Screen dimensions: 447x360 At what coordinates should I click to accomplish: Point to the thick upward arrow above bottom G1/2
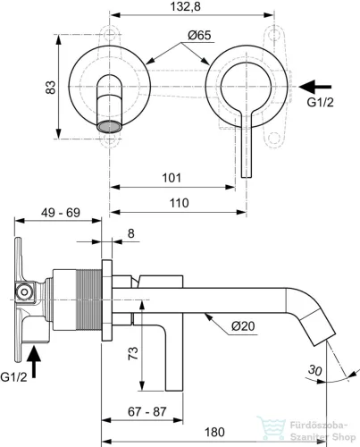[35, 364]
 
